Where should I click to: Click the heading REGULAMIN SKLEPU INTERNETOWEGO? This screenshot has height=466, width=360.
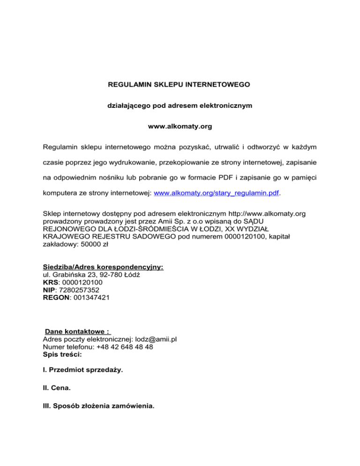point(180,85)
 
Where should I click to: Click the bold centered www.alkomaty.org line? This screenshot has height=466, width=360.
point(180,127)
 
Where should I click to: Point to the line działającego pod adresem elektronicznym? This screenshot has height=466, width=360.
point(180,106)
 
